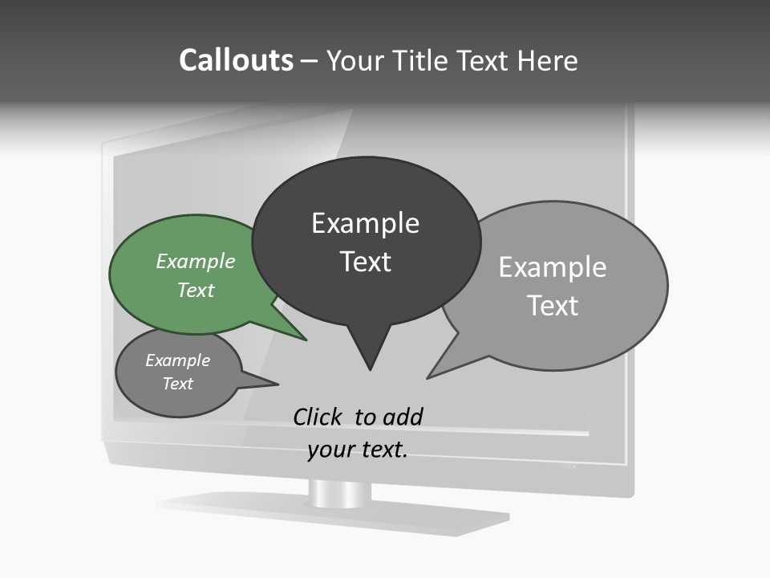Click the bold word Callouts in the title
[236, 60]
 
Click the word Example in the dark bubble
[365, 223]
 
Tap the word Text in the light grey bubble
[553, 306]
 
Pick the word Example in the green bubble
[195, 261]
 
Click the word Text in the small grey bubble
[177, 384]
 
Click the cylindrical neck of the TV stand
[340, 493]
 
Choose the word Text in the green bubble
[195, 290]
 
